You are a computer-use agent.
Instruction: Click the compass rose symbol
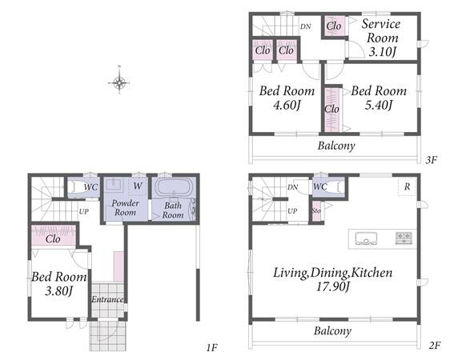(119, 82)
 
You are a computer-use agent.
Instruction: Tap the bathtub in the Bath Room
(173, 188)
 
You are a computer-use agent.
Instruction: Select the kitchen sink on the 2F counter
(366, 238)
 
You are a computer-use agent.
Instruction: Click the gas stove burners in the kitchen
(404, 238)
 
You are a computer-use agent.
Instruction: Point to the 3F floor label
(431, 160)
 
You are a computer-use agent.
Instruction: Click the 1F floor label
(212, 348)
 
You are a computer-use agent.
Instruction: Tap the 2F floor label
(435, 346)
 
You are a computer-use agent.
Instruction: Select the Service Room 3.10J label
(381, 38)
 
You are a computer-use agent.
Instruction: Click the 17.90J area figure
(333, 286)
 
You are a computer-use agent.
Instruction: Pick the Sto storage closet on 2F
(316, 211)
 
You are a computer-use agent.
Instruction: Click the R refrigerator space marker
(407, 186)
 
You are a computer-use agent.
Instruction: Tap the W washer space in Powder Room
(138, 186)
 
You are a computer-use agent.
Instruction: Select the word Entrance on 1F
(107, 299)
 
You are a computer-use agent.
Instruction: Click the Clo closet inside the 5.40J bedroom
(332, 110)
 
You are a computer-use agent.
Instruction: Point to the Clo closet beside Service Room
(334, 26)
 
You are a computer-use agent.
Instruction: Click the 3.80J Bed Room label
(58, 284)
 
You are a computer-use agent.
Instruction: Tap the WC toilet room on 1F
(84, 187)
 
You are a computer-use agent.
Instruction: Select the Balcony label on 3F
(336, 146)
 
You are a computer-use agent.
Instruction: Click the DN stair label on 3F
(306, 26)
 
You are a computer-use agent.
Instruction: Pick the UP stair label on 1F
(84, 211)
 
